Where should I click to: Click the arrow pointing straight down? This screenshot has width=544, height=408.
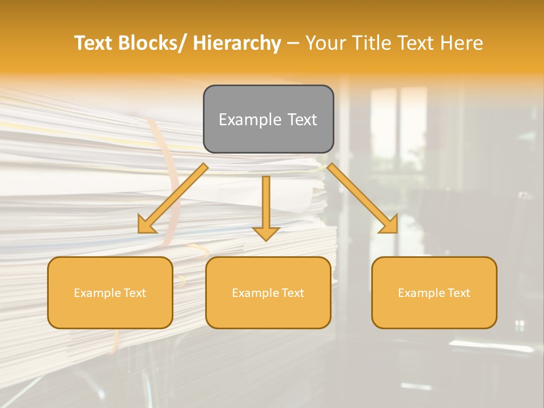pyautogui.click(x=266, y=207)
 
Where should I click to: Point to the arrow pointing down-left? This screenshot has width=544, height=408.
pyautogui.click(x=172, y=199)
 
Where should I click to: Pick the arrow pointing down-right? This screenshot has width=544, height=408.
pyautogui.click(x=363, y=198)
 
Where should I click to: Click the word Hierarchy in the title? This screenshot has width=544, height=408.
pyautogui.click(x=236, y=43)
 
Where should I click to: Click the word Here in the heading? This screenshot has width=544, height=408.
pyautogui.click(x=463, y=43)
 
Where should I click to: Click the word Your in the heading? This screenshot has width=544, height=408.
pyautogui.click(x=324, y=43)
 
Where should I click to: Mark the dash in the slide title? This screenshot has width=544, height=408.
pyautogui.click(x=293, y=44)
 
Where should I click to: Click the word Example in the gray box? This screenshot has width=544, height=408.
pyautogui.click(x=249, y=120)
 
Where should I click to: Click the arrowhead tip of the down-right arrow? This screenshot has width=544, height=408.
pyautogui.click(x=397, y=232)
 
